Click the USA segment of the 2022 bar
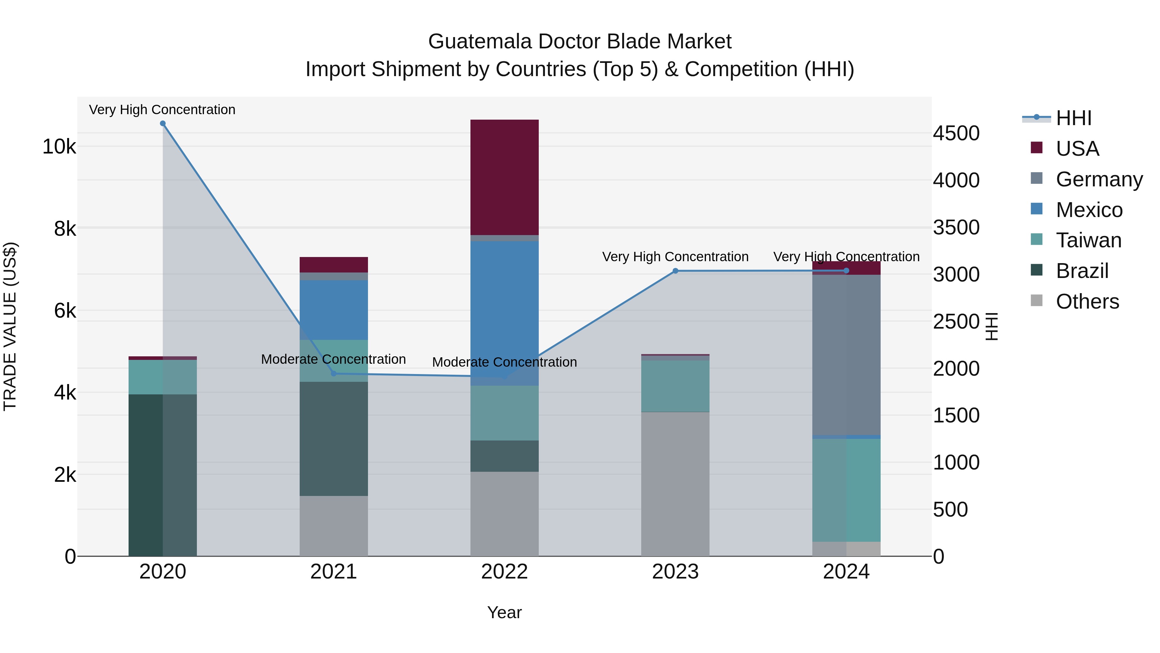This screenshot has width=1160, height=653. coord(504,177)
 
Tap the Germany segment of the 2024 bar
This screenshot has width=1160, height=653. coord(846,355)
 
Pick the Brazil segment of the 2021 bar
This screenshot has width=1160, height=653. coord(334,439)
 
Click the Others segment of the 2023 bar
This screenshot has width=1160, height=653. coord(675,484)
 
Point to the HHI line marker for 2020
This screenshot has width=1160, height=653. coord(163,124)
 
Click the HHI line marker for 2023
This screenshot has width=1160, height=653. coord(675,271)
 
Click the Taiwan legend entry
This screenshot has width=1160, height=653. coord(1088,240)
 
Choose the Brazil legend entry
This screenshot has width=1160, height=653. coord(1082,271)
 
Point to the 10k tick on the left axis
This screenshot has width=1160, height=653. coord(59,146)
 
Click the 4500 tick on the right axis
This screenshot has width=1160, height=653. coord(956,134)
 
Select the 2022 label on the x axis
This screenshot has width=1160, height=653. coord(504,571)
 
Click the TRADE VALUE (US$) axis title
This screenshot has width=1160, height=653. coord(10,326)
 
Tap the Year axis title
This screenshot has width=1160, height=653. coord(504,612)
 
